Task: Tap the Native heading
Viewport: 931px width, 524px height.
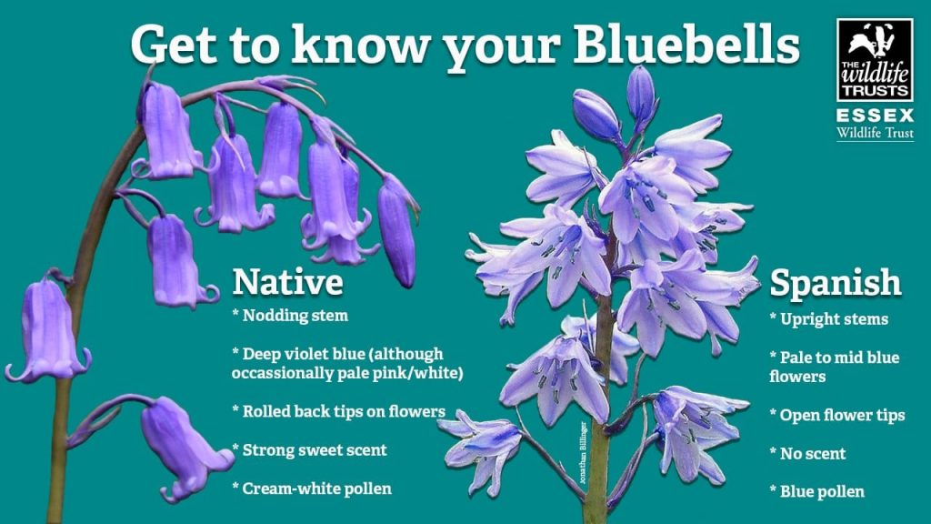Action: pos(287,281)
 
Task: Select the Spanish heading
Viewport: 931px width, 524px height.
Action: pos(836,283)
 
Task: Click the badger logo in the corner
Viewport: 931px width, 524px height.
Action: pos(875,60)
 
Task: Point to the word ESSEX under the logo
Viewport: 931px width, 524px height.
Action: pos(875,116)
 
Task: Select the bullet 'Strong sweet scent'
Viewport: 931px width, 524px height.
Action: pos(315,449)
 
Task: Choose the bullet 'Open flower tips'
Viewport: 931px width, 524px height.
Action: pos(842,415)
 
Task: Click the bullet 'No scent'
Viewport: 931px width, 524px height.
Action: pos(813,453)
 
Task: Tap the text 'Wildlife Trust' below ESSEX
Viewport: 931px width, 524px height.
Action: pos(875,134)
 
